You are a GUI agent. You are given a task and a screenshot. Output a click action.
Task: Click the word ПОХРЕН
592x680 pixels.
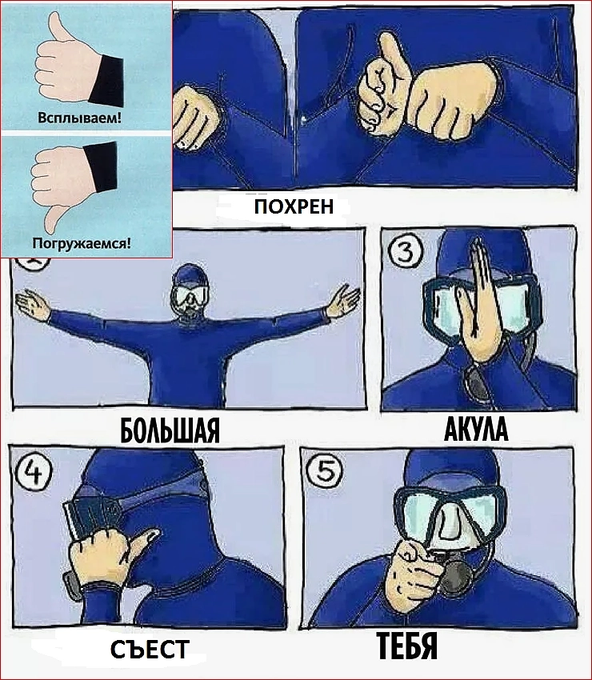tap(294, 206)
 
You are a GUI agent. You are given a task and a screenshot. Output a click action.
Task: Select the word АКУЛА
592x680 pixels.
tap(476, 430)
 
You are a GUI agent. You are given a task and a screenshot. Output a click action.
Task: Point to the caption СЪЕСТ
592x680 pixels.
tap(150, 649)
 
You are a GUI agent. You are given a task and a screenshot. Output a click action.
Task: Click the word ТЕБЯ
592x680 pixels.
tap(406, 646)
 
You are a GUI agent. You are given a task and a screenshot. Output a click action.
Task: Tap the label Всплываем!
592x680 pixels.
tap(80, 118)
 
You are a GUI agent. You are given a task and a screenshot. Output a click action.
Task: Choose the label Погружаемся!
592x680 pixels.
tap(82, 243)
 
